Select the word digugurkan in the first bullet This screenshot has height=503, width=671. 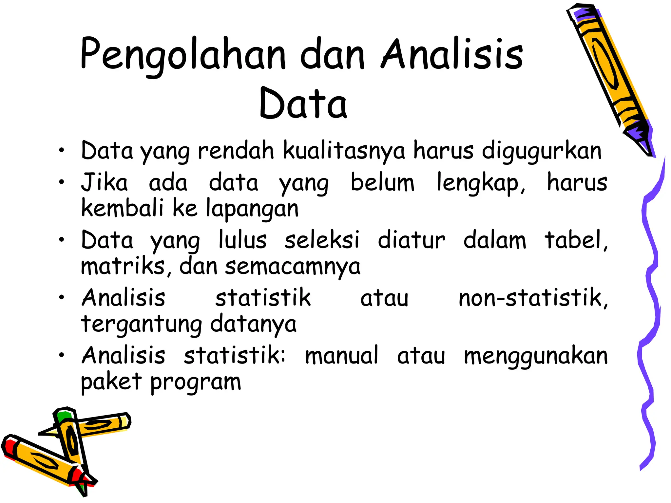click(x=542, y=151)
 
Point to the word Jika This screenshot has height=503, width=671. click(x=104, y=183)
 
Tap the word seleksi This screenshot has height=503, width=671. click(x=322, y=240)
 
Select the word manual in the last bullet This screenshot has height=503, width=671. click(x=341, y=356)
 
